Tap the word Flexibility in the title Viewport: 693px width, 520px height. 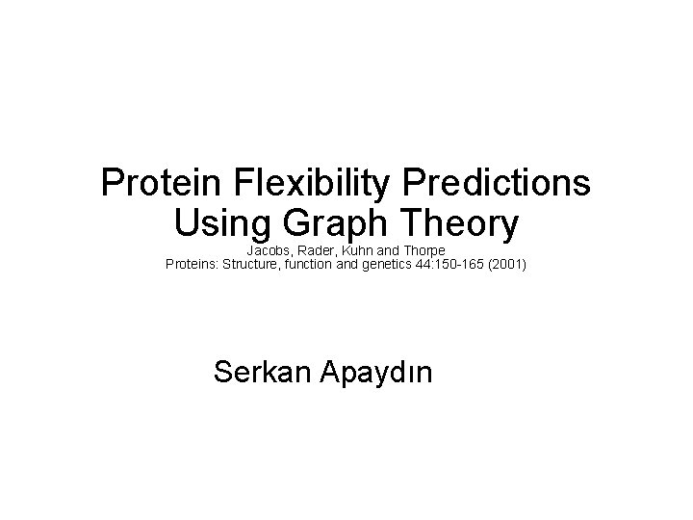308,182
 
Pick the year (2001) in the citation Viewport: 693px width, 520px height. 510,261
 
